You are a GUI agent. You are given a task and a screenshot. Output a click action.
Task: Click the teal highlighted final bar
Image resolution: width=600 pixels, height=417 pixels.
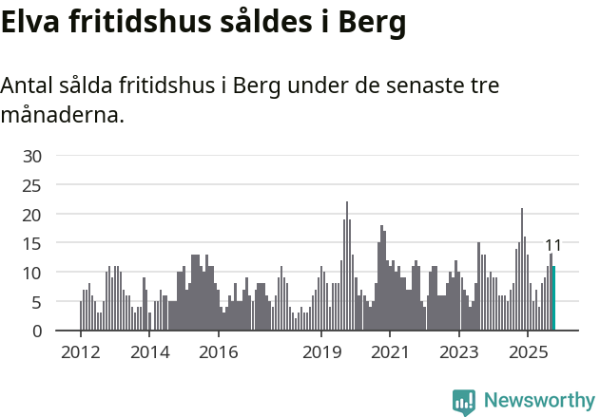pyautogui.click(x=553, y=298)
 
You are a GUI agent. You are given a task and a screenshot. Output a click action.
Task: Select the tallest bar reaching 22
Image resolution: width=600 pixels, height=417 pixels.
pyautogui.click(x=347, y=267)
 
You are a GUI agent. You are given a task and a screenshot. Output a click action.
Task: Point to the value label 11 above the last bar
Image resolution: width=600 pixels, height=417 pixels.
pyautogui.click(x=552, y=245)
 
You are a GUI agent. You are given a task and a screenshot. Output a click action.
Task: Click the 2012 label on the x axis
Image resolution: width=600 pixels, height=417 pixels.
pyautogui.click(x=81, y=352)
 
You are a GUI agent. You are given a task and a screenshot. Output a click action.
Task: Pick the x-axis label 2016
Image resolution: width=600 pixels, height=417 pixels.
pyautogui.click(x=219, y=352)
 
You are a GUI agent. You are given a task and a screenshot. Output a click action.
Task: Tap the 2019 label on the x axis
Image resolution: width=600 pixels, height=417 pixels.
pyautogui.click(x=321, y=352)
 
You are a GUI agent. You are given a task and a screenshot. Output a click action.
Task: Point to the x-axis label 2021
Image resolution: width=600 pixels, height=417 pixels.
pyautogui.click(x=390, y=352)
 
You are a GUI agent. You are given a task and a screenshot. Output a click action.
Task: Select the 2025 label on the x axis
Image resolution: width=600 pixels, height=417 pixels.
pyautogui.click(x=528, y=352)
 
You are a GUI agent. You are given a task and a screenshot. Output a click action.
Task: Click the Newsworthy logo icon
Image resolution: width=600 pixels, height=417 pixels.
pyautogui.click(x=464, y=402)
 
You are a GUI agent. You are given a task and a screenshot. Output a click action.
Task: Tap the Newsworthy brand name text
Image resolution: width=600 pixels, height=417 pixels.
pyautogui.click(x=539, y=401)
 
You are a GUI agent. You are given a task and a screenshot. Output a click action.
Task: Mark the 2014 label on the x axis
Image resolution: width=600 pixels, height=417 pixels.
pyautogui.click(x=149, y=352)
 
